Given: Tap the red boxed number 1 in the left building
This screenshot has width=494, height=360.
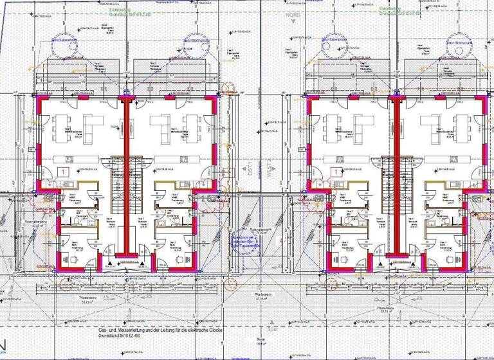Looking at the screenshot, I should [64, 172].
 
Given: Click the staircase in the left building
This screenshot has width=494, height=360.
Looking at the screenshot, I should [117, 193].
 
